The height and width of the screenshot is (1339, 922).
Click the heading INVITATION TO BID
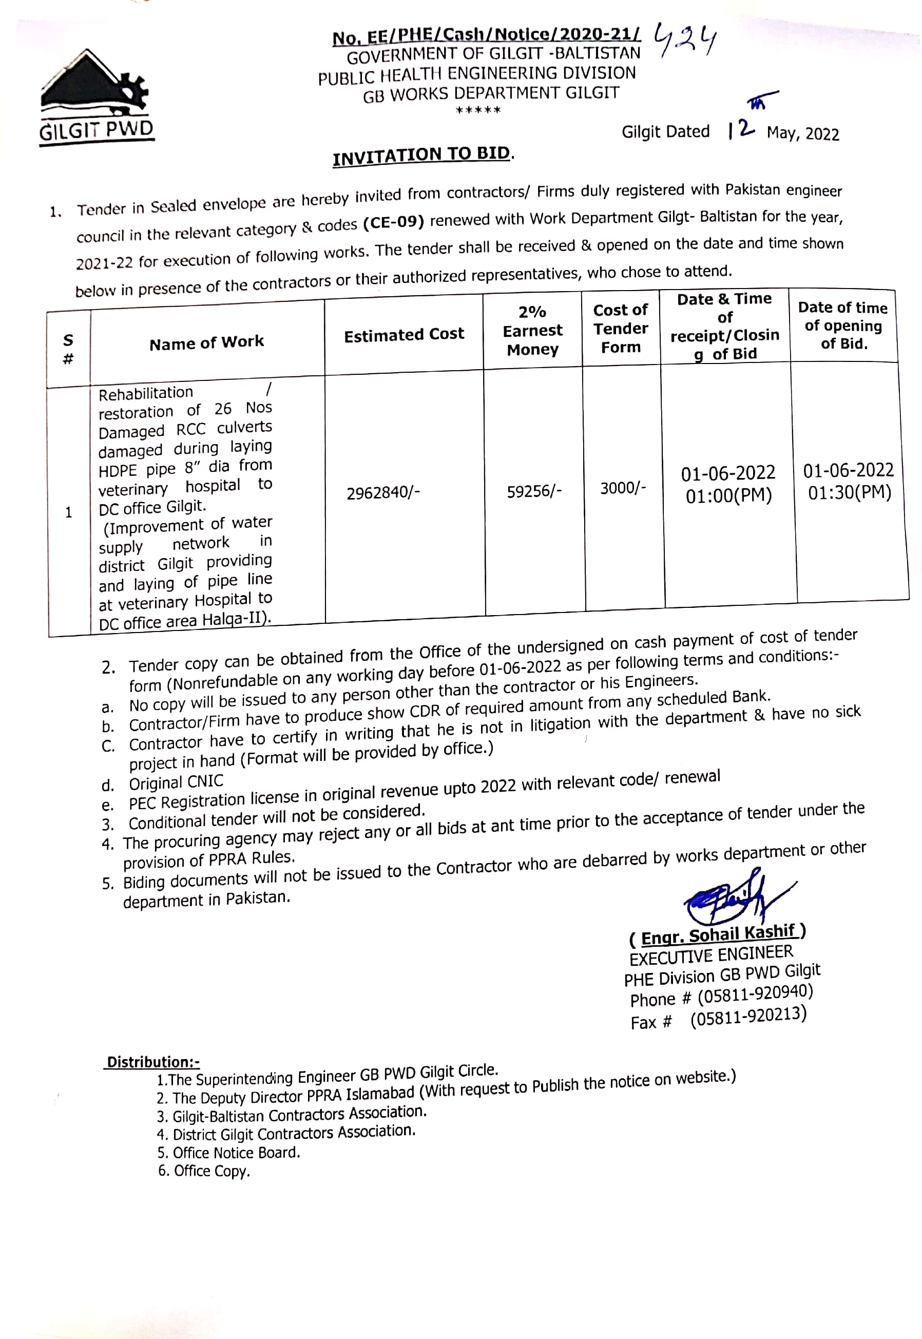422,156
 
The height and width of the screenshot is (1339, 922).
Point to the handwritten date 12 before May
741,129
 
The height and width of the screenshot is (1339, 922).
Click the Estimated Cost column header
404,334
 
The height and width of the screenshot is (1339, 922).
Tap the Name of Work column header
206,343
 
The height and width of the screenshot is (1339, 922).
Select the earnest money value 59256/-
534,491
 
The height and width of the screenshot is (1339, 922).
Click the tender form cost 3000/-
622,489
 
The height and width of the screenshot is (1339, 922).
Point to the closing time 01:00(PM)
728,495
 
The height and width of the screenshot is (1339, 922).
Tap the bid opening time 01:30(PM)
849,493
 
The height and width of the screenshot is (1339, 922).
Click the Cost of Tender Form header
621,329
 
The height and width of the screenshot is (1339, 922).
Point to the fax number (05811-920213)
748,1017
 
